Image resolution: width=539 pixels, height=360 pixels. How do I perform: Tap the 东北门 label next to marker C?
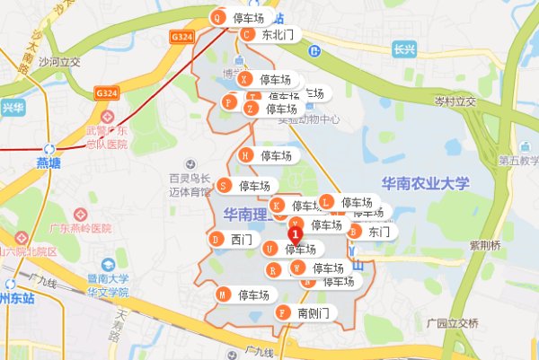click(278, 35)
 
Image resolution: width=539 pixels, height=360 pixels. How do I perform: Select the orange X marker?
click(243, 79)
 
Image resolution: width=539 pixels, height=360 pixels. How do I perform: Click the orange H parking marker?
click(244, 155)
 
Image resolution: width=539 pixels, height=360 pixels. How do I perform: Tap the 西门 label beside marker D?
click(241, 240)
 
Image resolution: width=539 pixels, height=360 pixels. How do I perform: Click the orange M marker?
click(223, 294)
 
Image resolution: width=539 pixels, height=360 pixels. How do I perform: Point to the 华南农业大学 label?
click(425, 183)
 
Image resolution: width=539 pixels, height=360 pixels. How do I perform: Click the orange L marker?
click(327, 202)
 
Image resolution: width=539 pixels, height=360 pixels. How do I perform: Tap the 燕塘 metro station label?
click(50, 162)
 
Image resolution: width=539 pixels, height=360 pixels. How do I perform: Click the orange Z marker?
click(251, 109)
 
